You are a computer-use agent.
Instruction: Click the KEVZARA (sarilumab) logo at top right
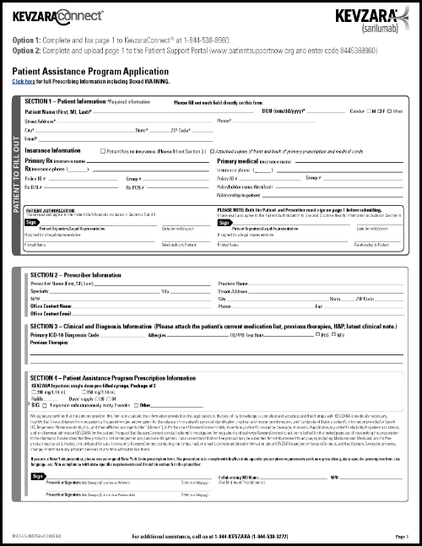pyautogui.click(x=371, y=18)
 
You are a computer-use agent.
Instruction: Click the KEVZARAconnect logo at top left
pyautogui.click(x=57, y=15)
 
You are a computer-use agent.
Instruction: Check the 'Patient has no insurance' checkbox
pyautogui.click(x=103, y=151)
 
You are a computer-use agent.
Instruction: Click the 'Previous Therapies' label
pyautogui.click(x=49, y=343)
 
